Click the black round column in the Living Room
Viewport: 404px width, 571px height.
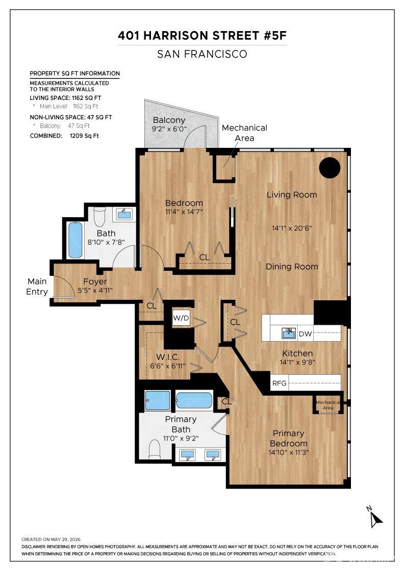(330, 168)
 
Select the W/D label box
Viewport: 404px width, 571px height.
(181, 318)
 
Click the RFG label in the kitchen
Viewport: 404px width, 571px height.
(280, 383)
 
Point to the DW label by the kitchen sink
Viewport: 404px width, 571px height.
(305, 333)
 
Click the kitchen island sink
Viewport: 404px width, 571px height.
(289, 333)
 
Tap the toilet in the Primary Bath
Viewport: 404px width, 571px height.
(155, 450)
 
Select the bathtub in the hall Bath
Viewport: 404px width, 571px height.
(75, 240)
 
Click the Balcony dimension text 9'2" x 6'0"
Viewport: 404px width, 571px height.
(169, 129)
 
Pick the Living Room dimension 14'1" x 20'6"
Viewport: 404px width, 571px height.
(292, 228)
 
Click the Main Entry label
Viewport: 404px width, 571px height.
(37, 286)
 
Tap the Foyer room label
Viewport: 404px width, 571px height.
(95, 281)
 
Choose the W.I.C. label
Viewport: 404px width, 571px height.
(168, 357)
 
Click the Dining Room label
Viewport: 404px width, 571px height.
(292, 267)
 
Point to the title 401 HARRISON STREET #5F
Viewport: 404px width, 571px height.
(202, 35)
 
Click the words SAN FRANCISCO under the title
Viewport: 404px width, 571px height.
(202, 54)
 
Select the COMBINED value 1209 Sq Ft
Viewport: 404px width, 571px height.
(84, 136)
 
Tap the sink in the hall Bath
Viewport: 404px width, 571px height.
(124, 214)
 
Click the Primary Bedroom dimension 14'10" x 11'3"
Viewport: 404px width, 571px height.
(288, 452)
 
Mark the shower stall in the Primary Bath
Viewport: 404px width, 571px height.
(158, 400)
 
